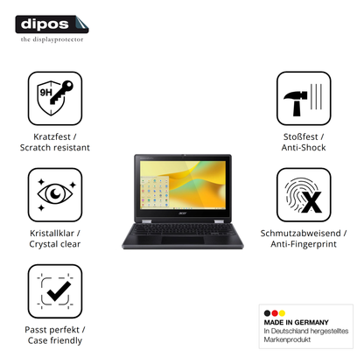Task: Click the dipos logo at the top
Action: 52,24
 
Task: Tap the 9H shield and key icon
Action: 55,98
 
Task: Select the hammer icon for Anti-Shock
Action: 304,98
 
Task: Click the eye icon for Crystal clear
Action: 55,194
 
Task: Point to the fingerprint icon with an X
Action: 304,194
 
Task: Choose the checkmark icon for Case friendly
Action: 55,291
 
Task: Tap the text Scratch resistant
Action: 55,148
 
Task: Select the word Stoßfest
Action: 300,136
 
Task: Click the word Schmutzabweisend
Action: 300,234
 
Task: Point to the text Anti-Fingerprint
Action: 304,244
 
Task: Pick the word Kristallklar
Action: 52,234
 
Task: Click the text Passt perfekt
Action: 52,330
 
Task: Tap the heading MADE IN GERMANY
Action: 296,322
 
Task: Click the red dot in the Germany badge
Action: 275,313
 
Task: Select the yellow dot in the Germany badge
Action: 282,313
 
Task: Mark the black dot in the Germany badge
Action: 267,313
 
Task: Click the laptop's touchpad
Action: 183,241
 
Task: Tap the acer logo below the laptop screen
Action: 182,213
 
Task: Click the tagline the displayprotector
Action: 52,39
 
